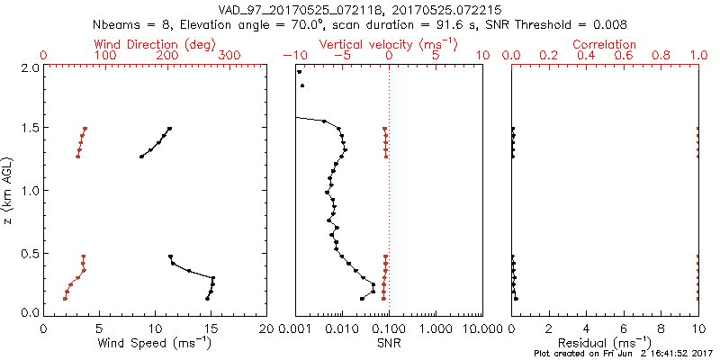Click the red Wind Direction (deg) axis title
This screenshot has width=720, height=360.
coord(155,44)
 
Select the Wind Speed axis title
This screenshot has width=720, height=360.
coord(155,343)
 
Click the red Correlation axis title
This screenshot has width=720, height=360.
coord(605,44)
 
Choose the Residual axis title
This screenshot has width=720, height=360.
coord(605,343)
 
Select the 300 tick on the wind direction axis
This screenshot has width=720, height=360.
coord(229,56)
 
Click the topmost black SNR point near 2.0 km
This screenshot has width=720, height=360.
coord(300,72)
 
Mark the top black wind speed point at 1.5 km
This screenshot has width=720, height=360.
coord(169,129)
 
